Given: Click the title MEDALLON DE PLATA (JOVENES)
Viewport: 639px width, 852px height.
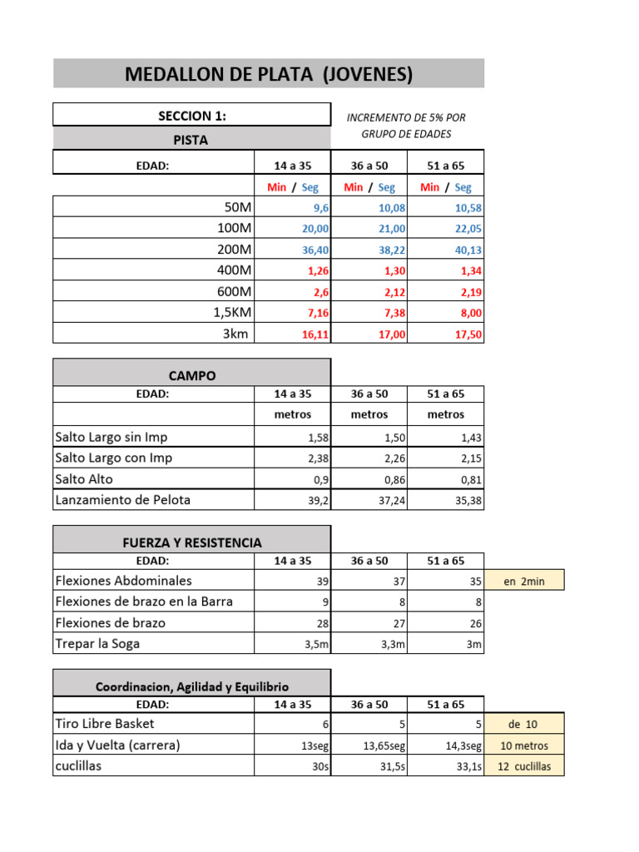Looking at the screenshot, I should pyautogui.click(x=269, y=74).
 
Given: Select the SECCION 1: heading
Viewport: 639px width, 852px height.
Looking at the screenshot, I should pyautogui.click(x=192, y=116).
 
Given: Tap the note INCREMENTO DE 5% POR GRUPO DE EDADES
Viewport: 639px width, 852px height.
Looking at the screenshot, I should pyautogui.click(x=406, y=126).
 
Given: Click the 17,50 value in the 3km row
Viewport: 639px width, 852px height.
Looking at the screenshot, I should pyautogui.click(x=468, y=334).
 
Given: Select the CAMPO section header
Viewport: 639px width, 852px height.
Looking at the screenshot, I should pyautogui.click(x=192, y=376).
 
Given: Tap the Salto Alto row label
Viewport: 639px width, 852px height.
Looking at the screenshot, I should pyautogui.click(x=84, y=479).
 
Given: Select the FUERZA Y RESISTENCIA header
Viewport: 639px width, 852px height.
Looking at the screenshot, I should pyautogui.click(x=192, y=542).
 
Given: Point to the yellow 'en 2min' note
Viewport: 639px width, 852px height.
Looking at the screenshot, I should pyautogui.click(x=524, y=582).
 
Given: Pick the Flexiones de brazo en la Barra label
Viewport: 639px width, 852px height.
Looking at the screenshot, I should pyautogui.click(x=144, y=602).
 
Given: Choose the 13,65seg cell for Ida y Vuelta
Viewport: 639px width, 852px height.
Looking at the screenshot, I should pyautogui.click(x=384, y=746).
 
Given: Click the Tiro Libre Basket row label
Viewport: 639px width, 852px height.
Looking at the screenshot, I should pyautogui.click(x=105, y=724).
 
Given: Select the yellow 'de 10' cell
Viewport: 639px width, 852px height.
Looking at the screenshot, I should pyautogui.click(x=524, y=725).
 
